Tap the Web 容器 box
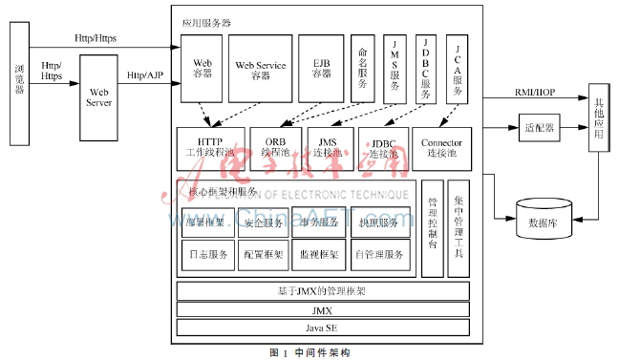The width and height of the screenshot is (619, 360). coord(202,68)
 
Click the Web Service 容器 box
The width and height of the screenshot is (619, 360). coord(260,68)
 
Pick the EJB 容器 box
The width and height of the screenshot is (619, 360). coord(320,68)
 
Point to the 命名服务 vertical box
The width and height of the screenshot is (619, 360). coord(363,68)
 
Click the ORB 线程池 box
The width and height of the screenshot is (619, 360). coord(276,148)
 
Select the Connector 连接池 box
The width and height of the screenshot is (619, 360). coord(441,148)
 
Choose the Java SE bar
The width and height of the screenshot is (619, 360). coord(321,328)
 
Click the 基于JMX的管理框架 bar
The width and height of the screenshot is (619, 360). coord(321,289)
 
